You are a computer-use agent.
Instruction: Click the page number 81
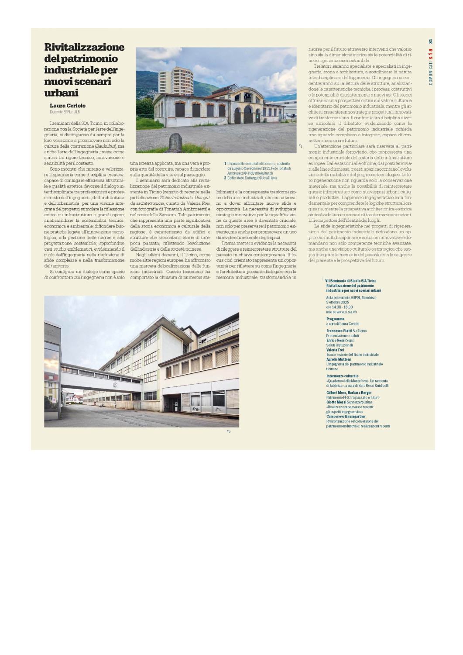(430, 41)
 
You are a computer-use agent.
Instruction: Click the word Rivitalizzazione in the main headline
(84, 47)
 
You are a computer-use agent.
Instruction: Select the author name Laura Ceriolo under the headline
(68, 106)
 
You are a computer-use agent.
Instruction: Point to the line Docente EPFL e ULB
(65, 112)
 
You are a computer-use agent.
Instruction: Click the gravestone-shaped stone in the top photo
(175, 142)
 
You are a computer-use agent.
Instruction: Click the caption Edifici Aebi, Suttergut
(252, 178)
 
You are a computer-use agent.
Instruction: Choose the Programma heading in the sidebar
(335, 319)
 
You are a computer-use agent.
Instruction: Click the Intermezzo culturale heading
(342, 376)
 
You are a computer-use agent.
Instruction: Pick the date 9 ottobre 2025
(337, 302)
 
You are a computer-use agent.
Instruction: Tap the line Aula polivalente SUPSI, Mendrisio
(351, 297)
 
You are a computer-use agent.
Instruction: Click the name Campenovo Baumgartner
(346, 417)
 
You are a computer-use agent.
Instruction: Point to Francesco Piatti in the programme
(339, 331)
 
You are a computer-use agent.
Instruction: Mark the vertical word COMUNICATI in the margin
(430, 72)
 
